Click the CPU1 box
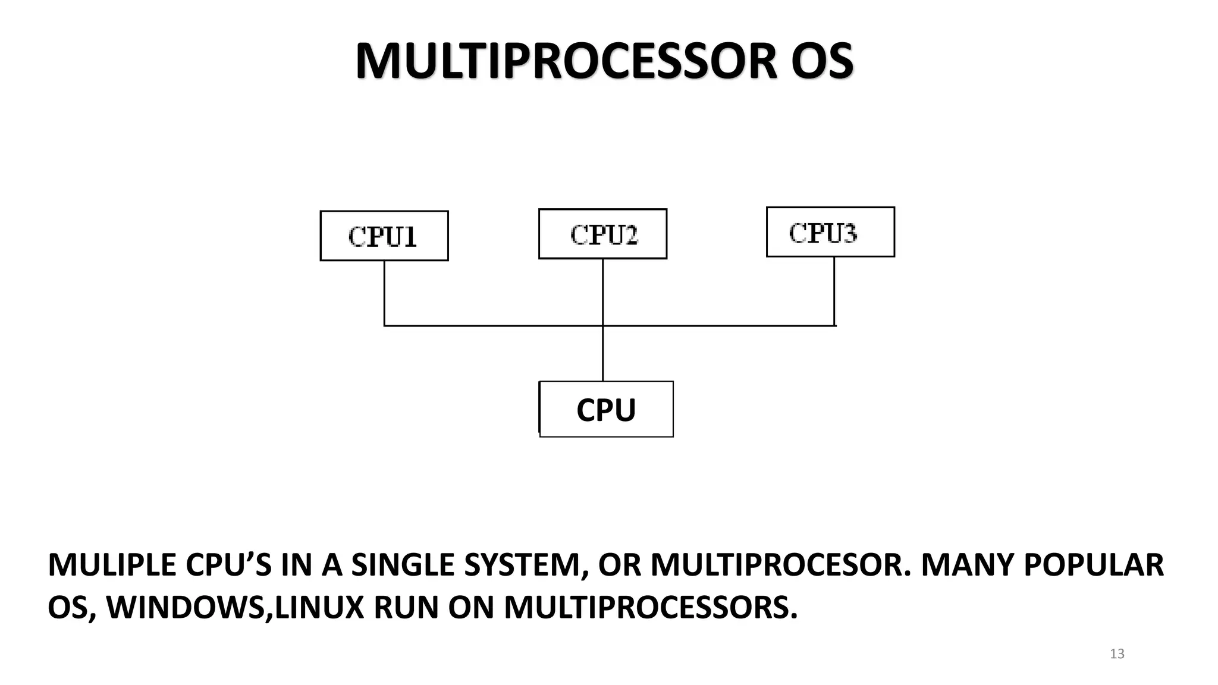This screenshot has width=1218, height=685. coord(384,236)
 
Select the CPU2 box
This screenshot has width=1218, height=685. coord(602,234)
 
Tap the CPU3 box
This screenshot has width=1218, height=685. coord(830,232)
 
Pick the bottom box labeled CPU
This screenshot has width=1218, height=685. coord(606,410)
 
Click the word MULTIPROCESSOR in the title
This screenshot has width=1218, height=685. coord(566,61)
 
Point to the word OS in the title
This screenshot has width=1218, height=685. coord(822,61)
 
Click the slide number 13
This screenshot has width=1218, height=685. coord(1117,653)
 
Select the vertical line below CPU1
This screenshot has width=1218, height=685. coord(384,293)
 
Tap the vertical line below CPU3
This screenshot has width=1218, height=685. coord(834,291)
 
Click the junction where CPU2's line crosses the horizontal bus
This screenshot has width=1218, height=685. coord(602,326)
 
